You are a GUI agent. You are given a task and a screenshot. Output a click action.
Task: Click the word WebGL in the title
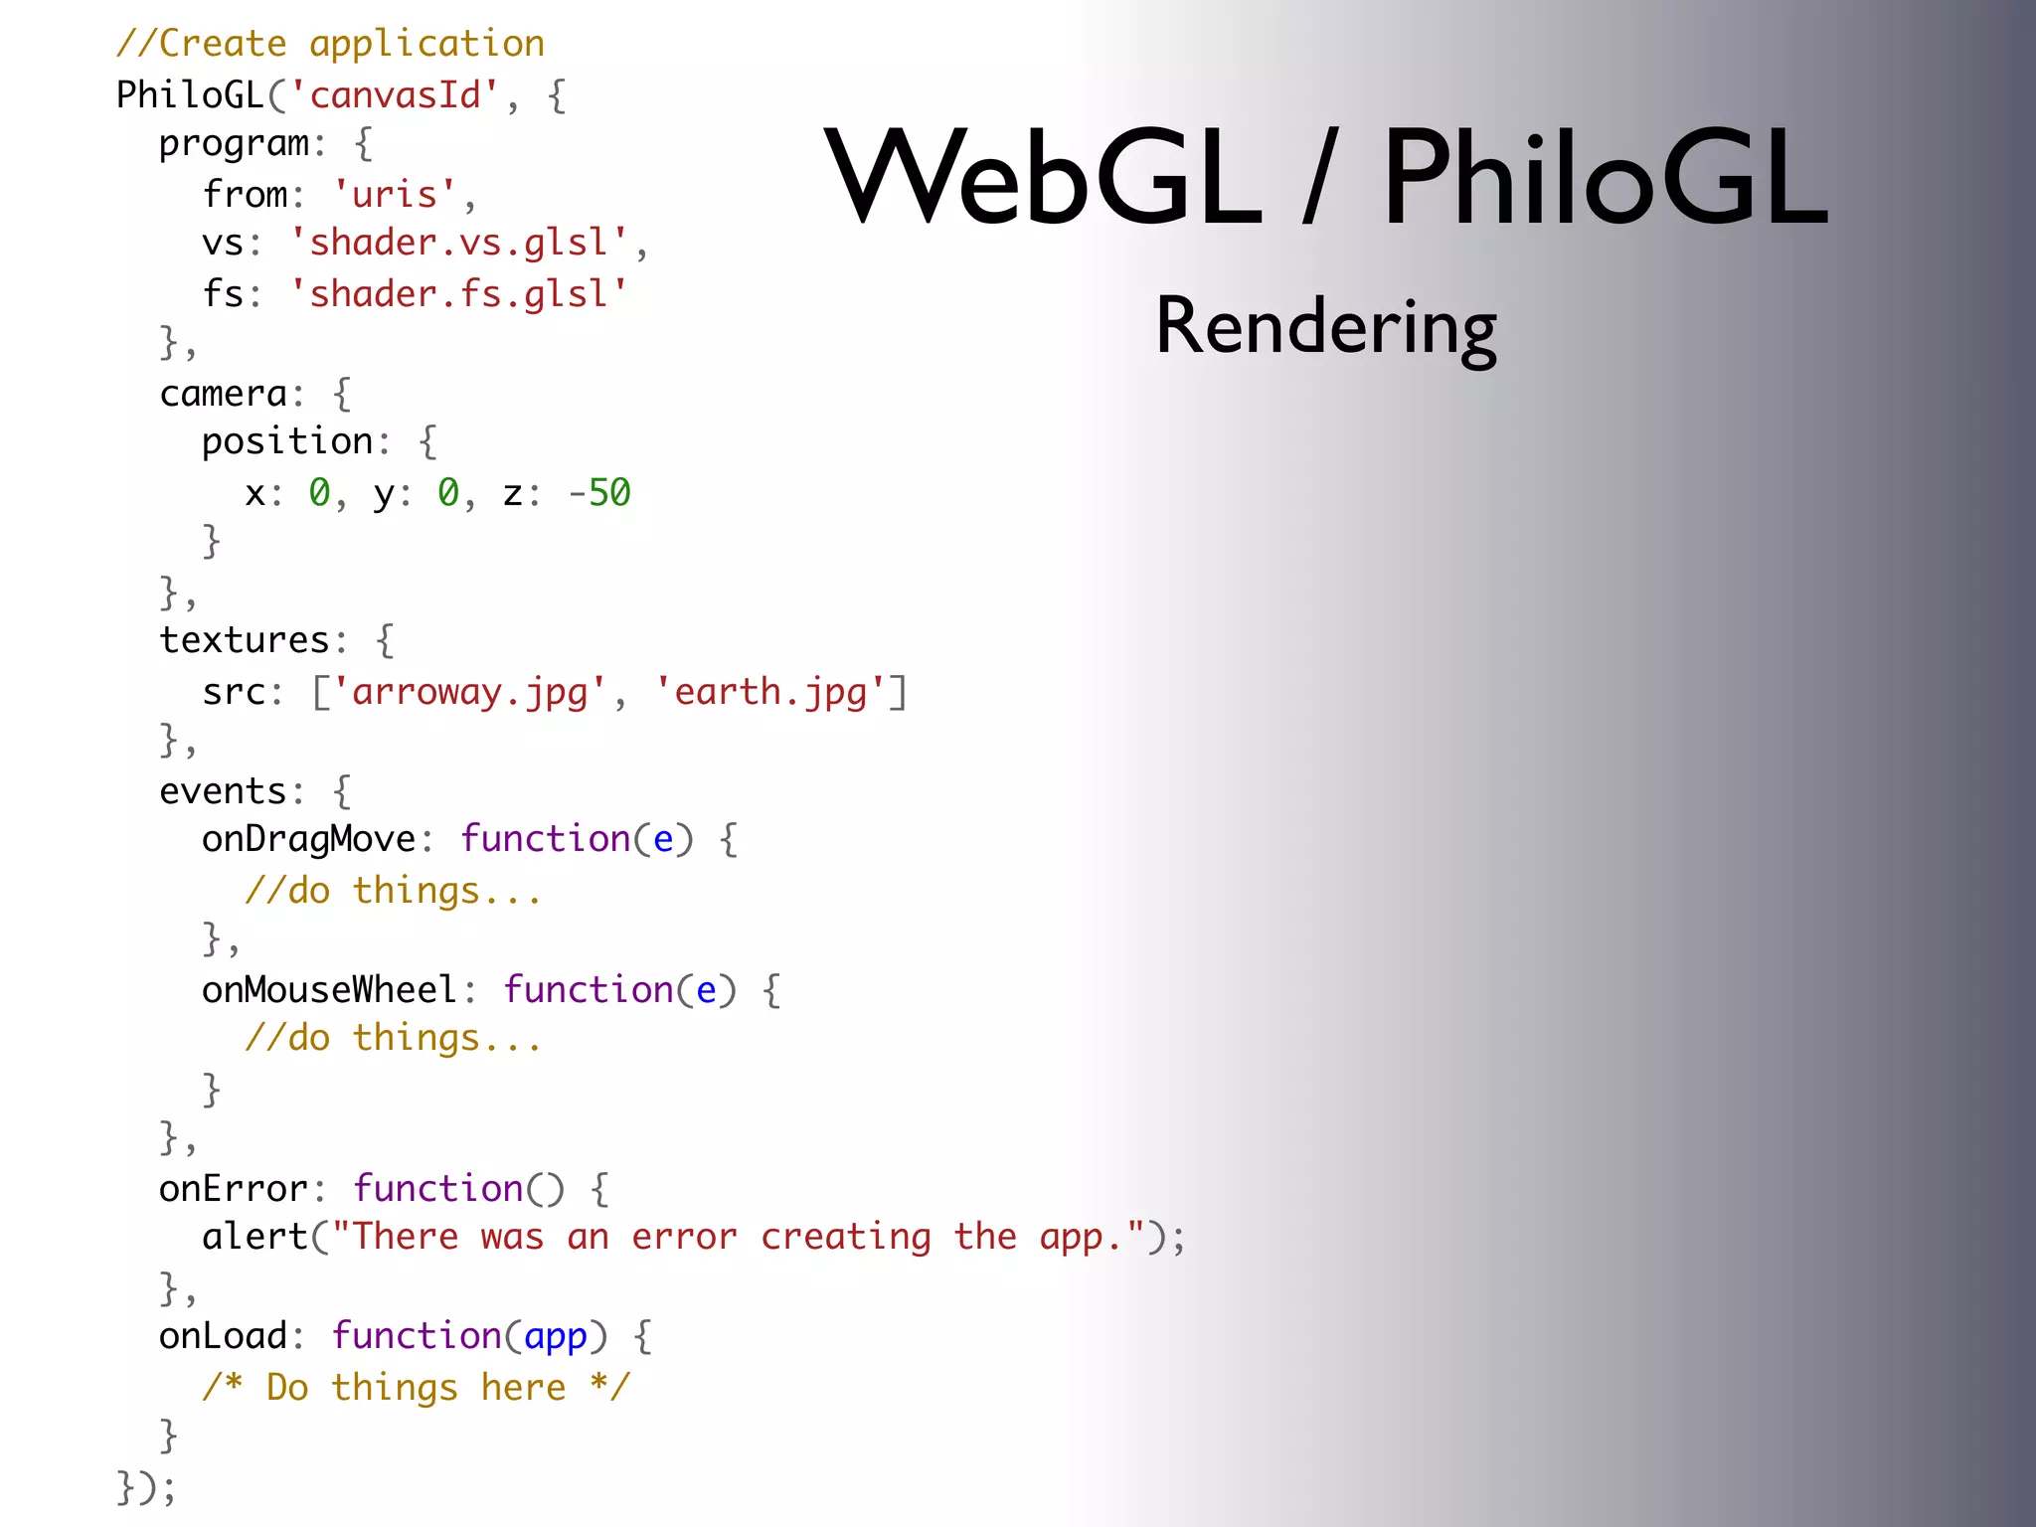click(x=1043, y=179)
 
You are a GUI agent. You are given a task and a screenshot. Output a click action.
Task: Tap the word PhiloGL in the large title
click(x=1605, y=179)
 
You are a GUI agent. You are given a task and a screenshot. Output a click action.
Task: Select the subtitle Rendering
click(x=1325, y=328)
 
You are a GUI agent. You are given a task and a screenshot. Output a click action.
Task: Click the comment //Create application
click(x=330, y=45)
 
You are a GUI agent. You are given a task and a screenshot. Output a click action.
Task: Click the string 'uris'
click(x=395, y=194)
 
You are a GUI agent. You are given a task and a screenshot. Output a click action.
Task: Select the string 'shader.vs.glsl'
click(x=459, y=244)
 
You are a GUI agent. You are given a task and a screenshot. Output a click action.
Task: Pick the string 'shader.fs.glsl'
click(x=459, y=294)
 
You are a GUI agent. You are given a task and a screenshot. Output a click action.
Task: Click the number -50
click(x=599, y=493)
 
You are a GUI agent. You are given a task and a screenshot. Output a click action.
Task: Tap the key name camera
click(x=224, y=395)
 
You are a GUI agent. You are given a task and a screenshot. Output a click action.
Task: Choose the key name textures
click(x=245, y=641)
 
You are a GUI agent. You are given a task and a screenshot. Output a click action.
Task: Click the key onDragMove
click(x=308, y=840)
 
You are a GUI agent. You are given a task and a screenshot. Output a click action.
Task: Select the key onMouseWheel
click(x=329, y=990)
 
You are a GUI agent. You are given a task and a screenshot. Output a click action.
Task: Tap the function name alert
click(x=255, y=1238)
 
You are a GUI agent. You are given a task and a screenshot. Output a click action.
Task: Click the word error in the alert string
click(x=684, y=1238)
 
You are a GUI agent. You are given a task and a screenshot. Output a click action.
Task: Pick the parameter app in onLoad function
click(x=556, y=1337)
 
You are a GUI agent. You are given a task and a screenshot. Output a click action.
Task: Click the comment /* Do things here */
click(x=416, y=1388)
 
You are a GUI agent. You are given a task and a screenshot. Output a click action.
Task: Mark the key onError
click(x=234, y=1189)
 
